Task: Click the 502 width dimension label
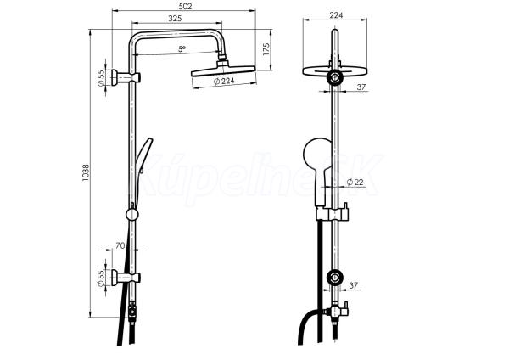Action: pyautogui.click(x=185, y=6)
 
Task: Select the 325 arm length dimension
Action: pyautogui.click(x=175, y=19)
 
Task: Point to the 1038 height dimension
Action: pyautogui.click(x=86, y=172)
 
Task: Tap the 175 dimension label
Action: pyautogui.click(x=266, y=49)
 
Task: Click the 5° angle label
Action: pyautogui.click(x=182, y=49)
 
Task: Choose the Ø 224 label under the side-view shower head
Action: pyautogui.click(x=224, y=81)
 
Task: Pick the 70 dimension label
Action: pyautogui.click(x=120, y=245)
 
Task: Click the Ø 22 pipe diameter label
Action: pyautogui.click(x=355, y=183)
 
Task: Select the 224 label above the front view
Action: pyautogui.click(x=336, y=15)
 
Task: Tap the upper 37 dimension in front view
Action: pyautogui.click(x=361, y=87)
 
